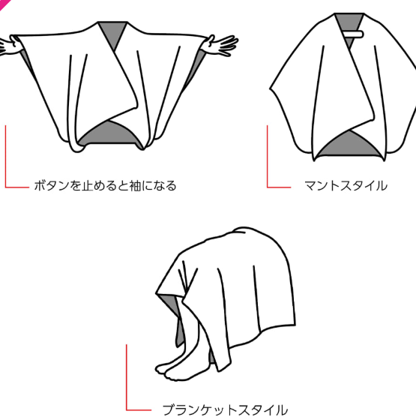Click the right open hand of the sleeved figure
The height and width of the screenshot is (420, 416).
[x=222, y=44]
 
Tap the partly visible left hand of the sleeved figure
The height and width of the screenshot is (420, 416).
[x=9, y=46]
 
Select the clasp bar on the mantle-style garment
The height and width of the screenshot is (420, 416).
[x=352, y=34]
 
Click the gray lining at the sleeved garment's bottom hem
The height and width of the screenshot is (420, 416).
[x=109, y=135]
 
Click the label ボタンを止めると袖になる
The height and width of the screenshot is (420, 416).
[x=105, y=186]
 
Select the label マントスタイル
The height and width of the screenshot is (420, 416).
[x=346, y=186]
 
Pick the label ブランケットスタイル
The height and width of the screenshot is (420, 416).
[x=225, y=410]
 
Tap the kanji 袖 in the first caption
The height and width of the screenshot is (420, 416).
[x=136, y=186]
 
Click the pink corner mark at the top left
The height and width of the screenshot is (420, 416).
[x=4, y=4]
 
